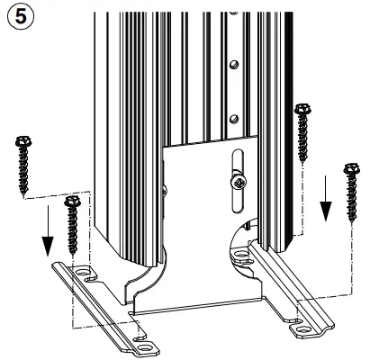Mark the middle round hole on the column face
[233, 65]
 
